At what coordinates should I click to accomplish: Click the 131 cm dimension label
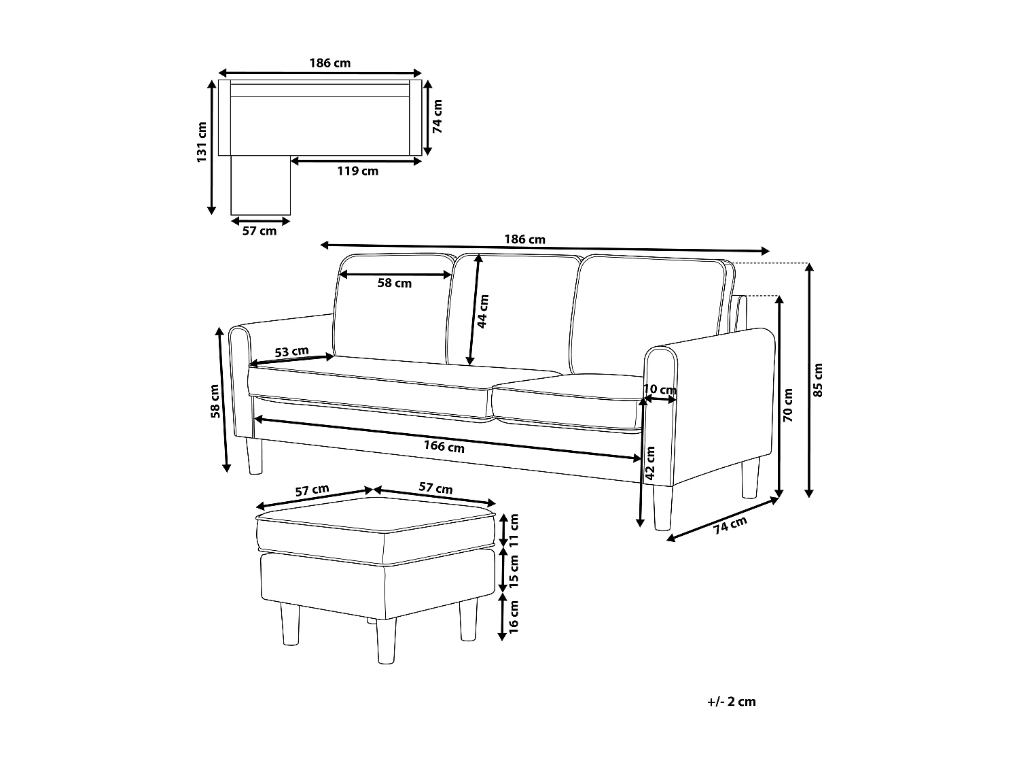(x=201, y=143)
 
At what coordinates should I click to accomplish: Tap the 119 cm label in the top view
(x=357, y=171)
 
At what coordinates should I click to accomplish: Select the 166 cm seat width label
(x=444, y=446)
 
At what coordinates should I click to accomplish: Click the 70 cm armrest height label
(x=789, y=405)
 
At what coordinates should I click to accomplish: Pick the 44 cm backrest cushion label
(x=483, y=311)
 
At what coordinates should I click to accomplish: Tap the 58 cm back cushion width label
(x=395, y=283)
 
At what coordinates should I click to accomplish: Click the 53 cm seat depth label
(x=291, y=352)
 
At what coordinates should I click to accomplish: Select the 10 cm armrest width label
(x=660, y=390)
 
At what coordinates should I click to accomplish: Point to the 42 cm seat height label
(x=650, y=464)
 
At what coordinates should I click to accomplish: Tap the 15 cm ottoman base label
(x=514, y=571)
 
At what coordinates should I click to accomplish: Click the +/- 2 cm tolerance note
(x=731, y=702)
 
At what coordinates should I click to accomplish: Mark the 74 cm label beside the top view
(x=437, y=116)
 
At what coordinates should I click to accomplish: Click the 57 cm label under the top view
(x=260, y=231)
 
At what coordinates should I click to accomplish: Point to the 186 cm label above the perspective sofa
(x=524, y=239)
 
